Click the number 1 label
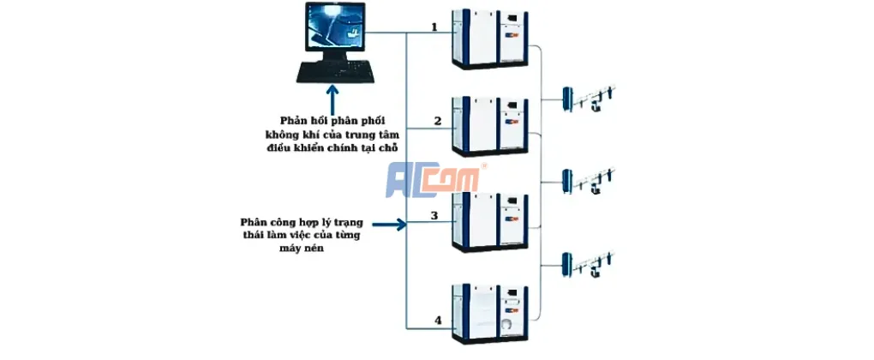pyautogui.click(x=434, y=27)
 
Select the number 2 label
pyautogui.click(x=437, y=121)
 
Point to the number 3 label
pyautogui.click(x=434, y=215)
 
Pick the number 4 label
pyautogui.click(x=437, y=321)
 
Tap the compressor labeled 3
pyautogui.click(x=490, y=220)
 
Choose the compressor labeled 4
pyautogui.click(x=490, y=313)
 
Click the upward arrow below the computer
pyautogui.click(x=330, y=96)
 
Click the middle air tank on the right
pyautogui.click(x=567, y=182)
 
